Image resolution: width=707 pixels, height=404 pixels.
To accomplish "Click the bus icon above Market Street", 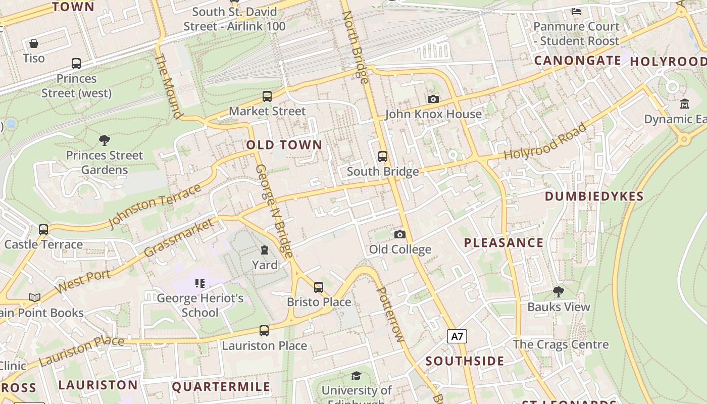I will pyautogui.click(x=267, y=96).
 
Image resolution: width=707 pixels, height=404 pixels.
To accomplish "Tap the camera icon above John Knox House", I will pyautogui.click(x=433, y=99).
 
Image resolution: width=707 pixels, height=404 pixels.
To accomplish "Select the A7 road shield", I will pyautogui.click(x=457, y=336).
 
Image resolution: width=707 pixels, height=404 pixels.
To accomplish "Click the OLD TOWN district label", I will pyautogui.click(x=284, y=145).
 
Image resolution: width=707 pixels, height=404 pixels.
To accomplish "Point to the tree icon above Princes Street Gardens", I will pyautogui.click(x=105, y=140).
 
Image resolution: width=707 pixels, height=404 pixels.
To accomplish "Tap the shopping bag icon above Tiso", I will pyautogui.click(x=34, y=43).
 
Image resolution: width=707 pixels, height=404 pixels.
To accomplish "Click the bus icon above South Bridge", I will pyautogui.click(x=383, y=157).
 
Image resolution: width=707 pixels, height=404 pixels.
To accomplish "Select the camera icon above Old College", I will pyautogui.click(x=399, y=234).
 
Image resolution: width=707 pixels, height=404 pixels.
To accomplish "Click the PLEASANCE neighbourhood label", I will pyautogui.click(x=503, y=243).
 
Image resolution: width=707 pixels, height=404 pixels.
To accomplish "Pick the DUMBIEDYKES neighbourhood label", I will pyautogui.click(x=594, y=196).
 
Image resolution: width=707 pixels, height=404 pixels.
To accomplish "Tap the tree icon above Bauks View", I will pyautogui.click(x=559, y=291).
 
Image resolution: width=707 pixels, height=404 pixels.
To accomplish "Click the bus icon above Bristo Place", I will pyautogui.click(x=319, y=287).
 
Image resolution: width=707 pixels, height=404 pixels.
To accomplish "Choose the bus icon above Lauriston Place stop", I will pyautogui.click(x=264, y=331).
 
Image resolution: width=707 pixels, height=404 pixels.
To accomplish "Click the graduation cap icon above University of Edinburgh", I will pyautogui.click(x=357, y=376).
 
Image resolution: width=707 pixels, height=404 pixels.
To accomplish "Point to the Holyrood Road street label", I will pyautogui.click(x=545, y=141).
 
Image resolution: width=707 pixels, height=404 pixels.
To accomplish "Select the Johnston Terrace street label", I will pyautogui.click(x=155, y=207).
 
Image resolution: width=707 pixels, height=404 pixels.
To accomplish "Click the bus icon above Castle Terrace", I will pyautogui.click(x=43, y=230).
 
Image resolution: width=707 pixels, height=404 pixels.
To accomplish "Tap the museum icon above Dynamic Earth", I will pyautogui.click(x=685, y=104).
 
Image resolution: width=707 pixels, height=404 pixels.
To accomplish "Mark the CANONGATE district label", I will pyautogui.click(x=577, y=61).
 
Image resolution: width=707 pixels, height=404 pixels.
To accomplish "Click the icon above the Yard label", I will pyautogui.click(x=264, y=250).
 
